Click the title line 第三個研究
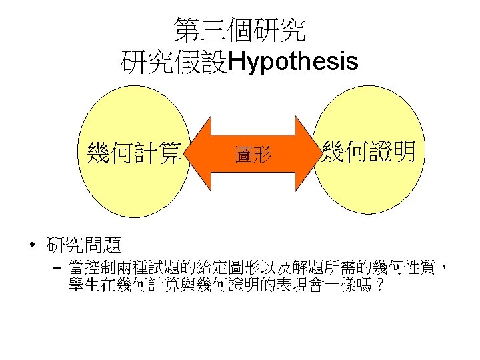click(240, 30)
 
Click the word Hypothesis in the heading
click(293, 62)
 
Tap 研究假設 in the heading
click(175, 62)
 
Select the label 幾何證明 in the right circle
click(369, 151)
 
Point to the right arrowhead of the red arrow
click(307, 155)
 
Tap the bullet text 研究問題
click(83, 245)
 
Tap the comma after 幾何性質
click(443, 268)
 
